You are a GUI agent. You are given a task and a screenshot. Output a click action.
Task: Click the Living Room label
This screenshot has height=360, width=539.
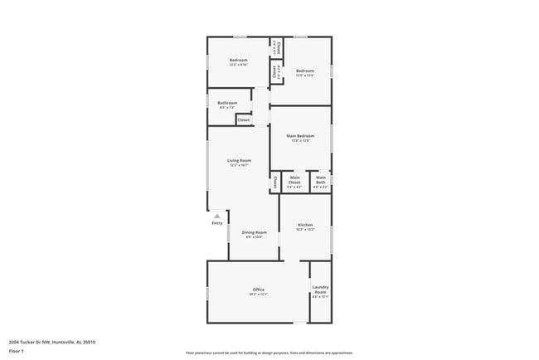(240, 160)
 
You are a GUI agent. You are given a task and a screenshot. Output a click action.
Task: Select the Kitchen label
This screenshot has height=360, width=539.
(304, 225)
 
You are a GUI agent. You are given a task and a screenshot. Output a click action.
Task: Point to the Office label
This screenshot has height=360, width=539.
(258, 289)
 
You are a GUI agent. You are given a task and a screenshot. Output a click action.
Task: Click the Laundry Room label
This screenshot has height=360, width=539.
(320, 289)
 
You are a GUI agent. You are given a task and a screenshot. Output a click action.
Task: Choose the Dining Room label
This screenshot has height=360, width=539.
(254, 232)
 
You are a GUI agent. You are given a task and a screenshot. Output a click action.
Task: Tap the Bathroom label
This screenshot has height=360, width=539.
(228, 103)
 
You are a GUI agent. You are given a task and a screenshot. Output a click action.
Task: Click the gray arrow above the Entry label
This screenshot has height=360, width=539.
(217, 215)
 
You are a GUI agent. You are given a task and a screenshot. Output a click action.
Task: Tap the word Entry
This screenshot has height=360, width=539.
(217, 222)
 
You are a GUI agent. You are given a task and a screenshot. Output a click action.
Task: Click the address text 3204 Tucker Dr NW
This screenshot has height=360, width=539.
(30, 341)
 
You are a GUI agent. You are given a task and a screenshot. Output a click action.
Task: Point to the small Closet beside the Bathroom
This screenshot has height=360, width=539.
(244, 120)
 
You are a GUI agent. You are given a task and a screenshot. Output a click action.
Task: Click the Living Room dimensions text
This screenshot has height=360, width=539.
(240, 165)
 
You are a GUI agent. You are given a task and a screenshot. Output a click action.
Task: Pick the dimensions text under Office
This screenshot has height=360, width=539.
(258, 294)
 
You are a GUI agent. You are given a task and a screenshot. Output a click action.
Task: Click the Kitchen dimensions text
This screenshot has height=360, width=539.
(304, 230)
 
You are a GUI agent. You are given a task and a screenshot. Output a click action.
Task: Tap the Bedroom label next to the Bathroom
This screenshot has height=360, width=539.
(239, 60)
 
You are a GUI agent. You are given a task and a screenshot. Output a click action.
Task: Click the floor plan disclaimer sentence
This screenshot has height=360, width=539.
(269, 353)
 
